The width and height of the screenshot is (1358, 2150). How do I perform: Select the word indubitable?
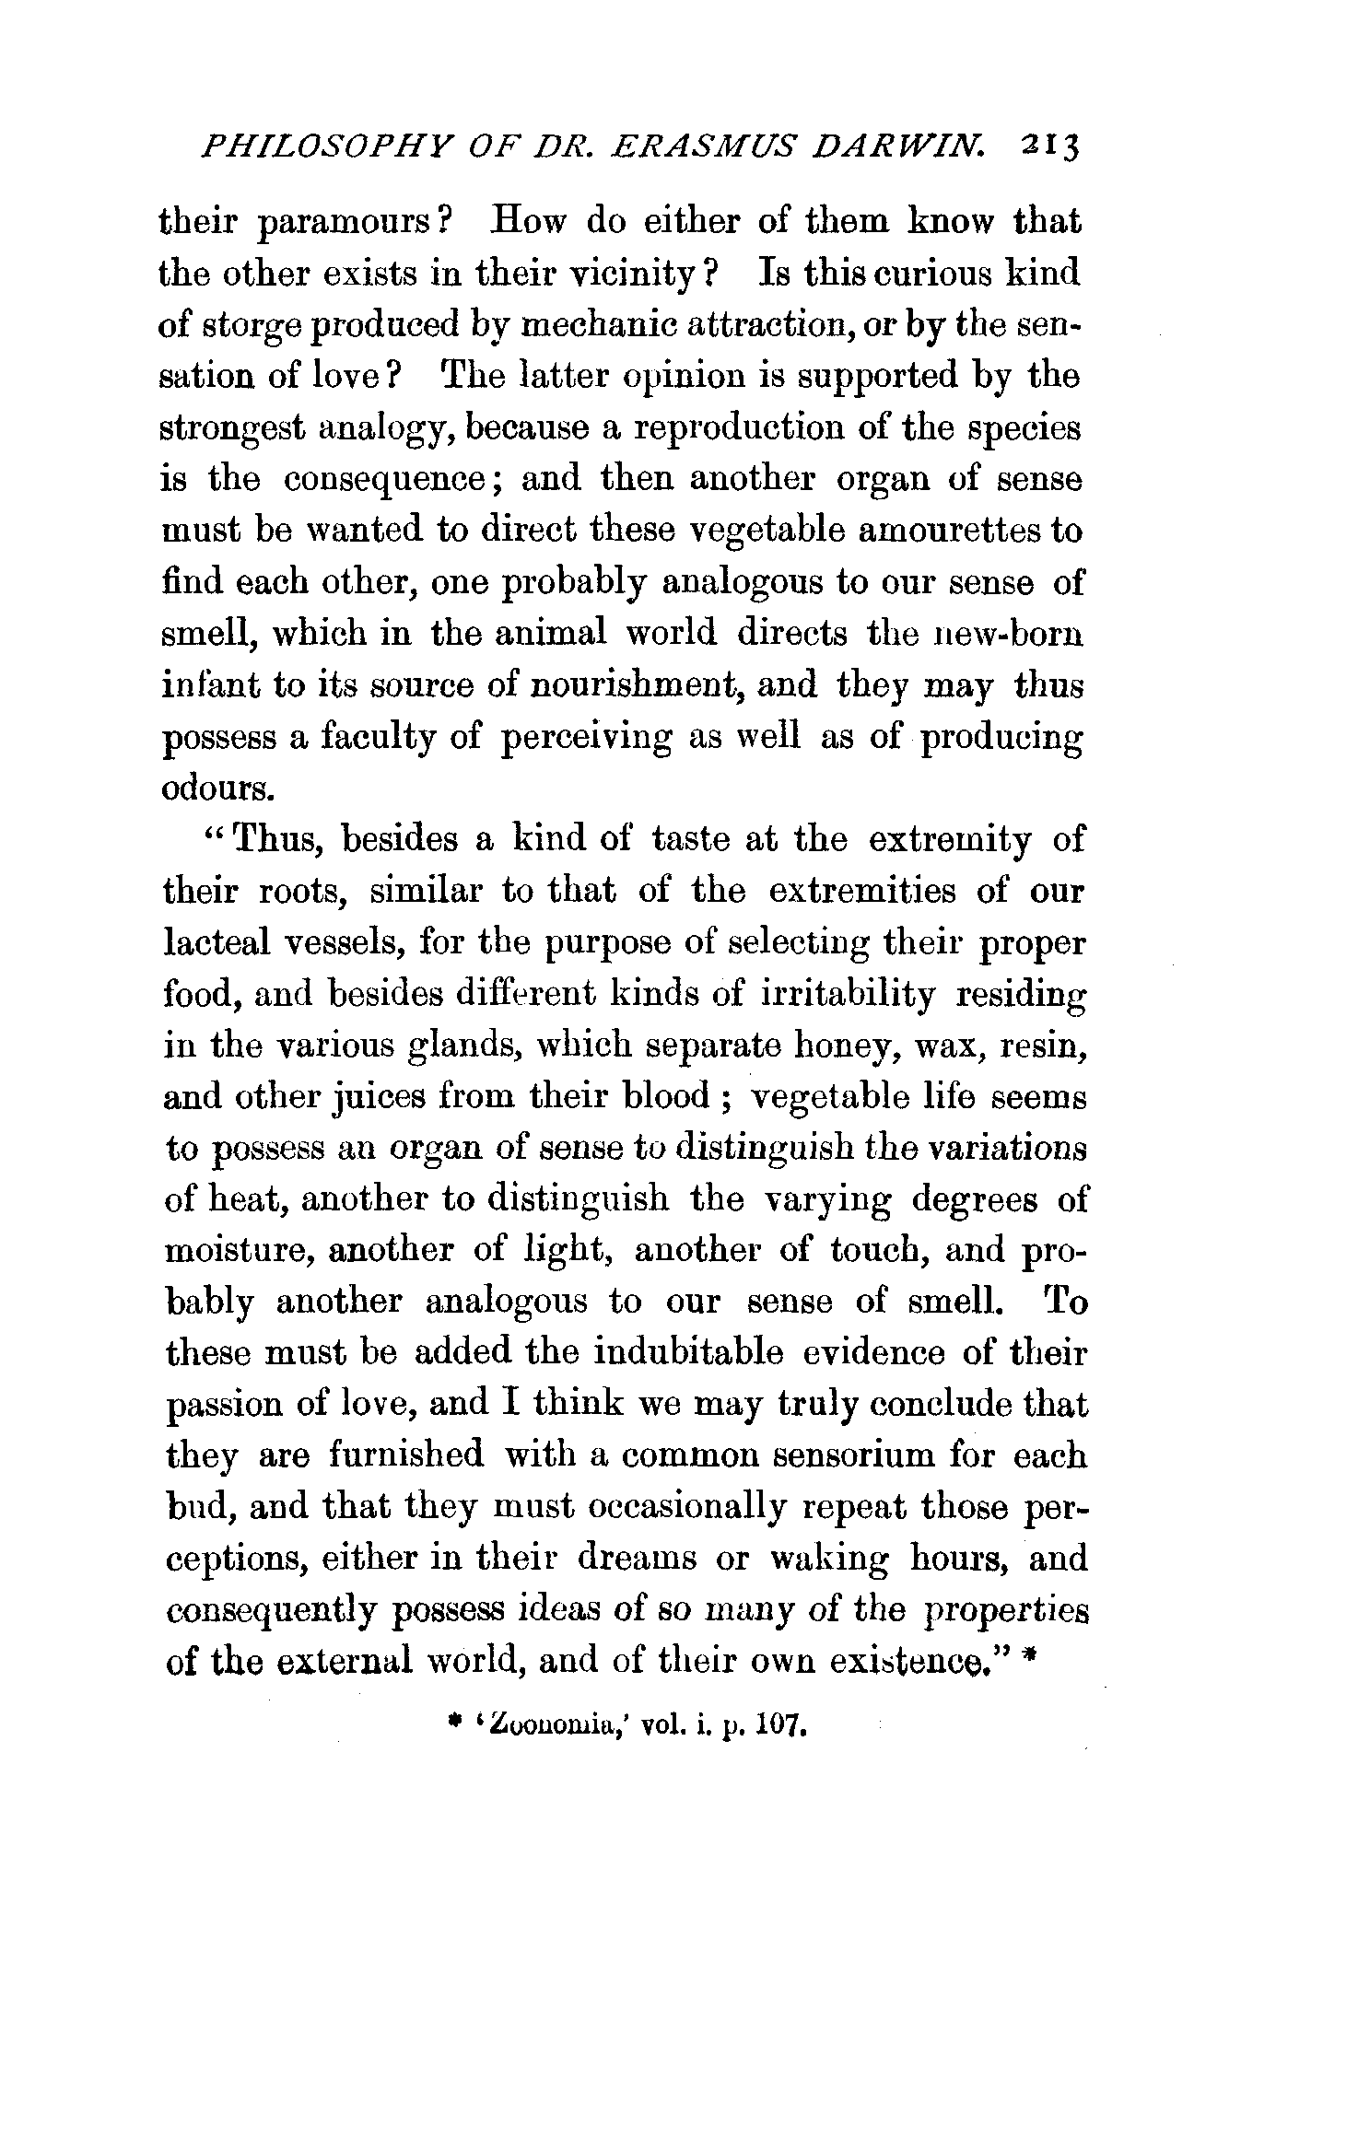(688, 1353)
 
